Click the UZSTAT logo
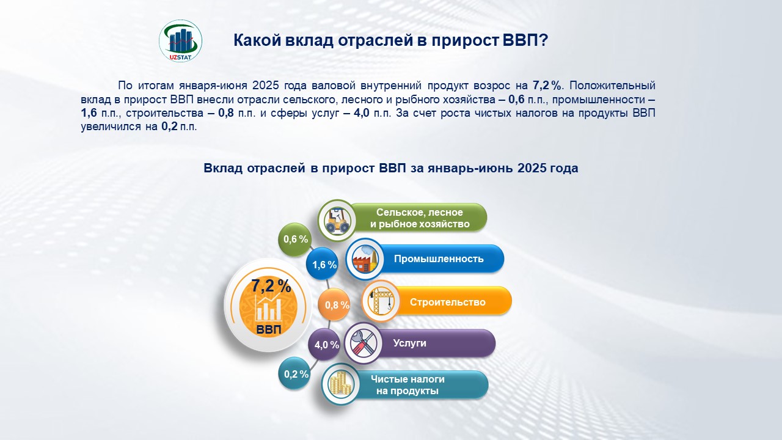tap(180, 41)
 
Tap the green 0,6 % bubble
tap(295, 240)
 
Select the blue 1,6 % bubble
tap(323, 265)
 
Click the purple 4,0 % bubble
tap(325, 345)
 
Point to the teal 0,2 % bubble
tap(295, 374)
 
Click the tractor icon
tap(337, 221)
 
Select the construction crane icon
tap(381, 301)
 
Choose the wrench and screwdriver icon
tap(364, 343)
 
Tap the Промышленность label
tap(439, 258)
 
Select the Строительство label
tap(448, 302)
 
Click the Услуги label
tap(409, 343)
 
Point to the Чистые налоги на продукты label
tap(407, 385)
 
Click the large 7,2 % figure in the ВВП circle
tap(271, 286)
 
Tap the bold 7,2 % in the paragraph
tap(547, 85)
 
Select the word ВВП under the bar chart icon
tap(269, 329)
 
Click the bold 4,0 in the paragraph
tap(361, 113)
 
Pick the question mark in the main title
tap(544, 40)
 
